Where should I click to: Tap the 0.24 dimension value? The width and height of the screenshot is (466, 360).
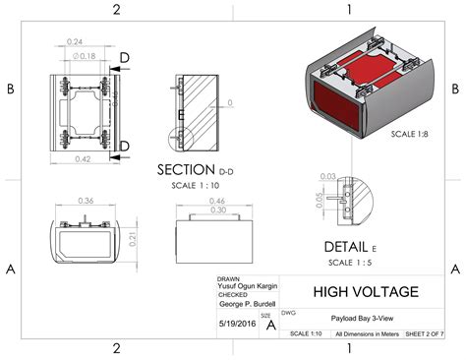tap(74, 41)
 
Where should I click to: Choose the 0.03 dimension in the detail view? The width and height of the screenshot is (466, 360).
tap(327, 177)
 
